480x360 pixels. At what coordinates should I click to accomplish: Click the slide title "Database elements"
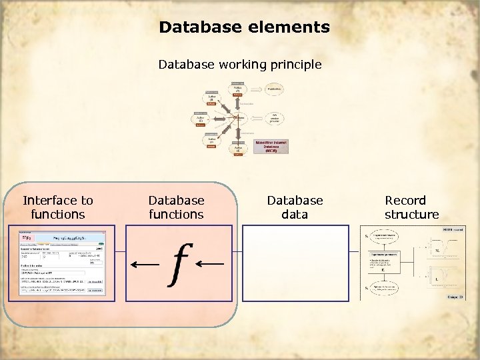[x=244, y=27]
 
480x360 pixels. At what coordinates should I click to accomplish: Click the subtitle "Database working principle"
[x=240, y=65]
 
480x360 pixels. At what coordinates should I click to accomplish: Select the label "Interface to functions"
[x=58, y=207]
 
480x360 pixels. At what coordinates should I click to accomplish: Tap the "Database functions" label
[x=176, y=207]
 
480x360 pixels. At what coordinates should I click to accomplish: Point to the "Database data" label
[x=295, y=207]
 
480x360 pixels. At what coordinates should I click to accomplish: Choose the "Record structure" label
[x=411, y=207]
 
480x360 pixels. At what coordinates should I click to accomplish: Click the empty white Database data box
[x=295, y=264]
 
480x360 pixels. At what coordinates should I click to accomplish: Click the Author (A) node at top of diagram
[x=237, y=89]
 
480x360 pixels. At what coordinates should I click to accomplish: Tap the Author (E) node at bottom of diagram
[x=237, y=149]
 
